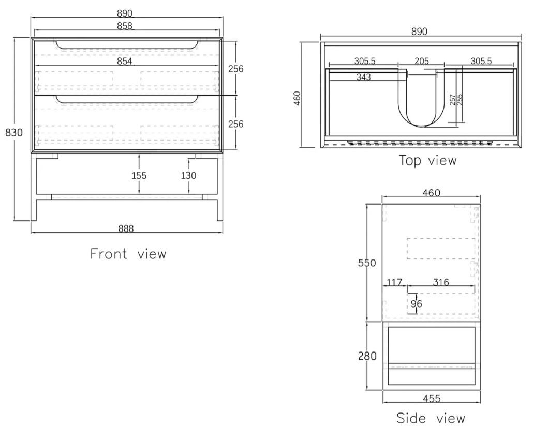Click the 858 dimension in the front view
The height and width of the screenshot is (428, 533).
click(x=125, y=25)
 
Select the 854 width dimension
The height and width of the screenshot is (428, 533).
click(x=125, y=62)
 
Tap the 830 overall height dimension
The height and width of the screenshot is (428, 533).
click(x=14, y=132)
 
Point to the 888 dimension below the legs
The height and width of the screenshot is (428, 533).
click(x=125, y=228)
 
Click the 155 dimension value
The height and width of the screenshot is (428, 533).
click(x=138, y=176)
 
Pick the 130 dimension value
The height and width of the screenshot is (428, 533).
click(x=188, y=176)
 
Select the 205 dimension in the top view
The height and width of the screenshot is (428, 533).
click(x=422, y=61)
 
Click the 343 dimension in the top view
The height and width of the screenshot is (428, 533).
click(x=364, y=78)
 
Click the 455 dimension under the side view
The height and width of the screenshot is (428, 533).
click(x=431, y=399)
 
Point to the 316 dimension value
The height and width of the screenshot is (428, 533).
click(x=440, y=282)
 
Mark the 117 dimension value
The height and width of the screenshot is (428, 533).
click(x=394, y=282)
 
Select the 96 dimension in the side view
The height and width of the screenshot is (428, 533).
click(x=416, y=304)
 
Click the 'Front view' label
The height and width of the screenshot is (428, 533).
click(x=128, y=254)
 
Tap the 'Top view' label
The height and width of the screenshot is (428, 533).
click(x=427, y=160)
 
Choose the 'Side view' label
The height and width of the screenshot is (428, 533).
click(x=431, y=418)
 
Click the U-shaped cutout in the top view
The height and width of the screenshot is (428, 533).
click(x=422, y=103)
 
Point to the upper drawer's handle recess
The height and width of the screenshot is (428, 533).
click(x=127, y=45)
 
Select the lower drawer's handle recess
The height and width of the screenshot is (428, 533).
click(x=127, y=99)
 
